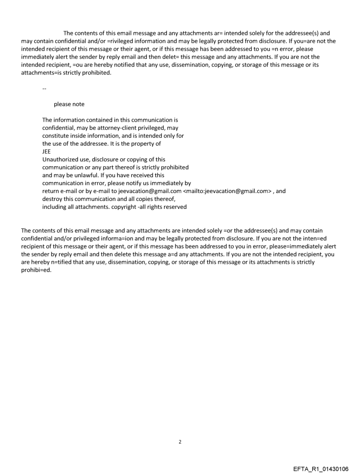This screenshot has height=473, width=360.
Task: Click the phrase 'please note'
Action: click(x=69, y=104)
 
